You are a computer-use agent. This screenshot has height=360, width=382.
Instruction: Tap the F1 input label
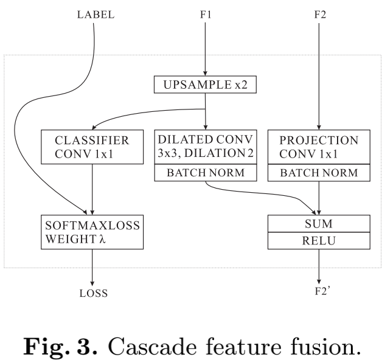click(206, 14)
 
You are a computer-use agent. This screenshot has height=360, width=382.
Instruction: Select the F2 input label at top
click(318, 14)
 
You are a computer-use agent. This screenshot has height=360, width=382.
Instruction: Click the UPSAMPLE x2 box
click(206, 85)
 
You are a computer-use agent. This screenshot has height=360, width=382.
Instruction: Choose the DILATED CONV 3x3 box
click(206, 147)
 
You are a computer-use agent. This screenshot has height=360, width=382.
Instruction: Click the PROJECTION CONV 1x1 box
click(318, 147)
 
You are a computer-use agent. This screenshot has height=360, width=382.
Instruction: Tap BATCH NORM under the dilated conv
click(206, 173)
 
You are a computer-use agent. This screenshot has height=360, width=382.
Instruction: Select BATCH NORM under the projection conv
click(318, 173)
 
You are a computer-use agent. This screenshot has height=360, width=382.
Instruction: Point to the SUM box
click(318, 224)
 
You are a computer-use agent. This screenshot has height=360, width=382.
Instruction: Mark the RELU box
click(318, 240)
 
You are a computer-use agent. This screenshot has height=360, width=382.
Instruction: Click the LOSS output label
click(92, 293)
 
